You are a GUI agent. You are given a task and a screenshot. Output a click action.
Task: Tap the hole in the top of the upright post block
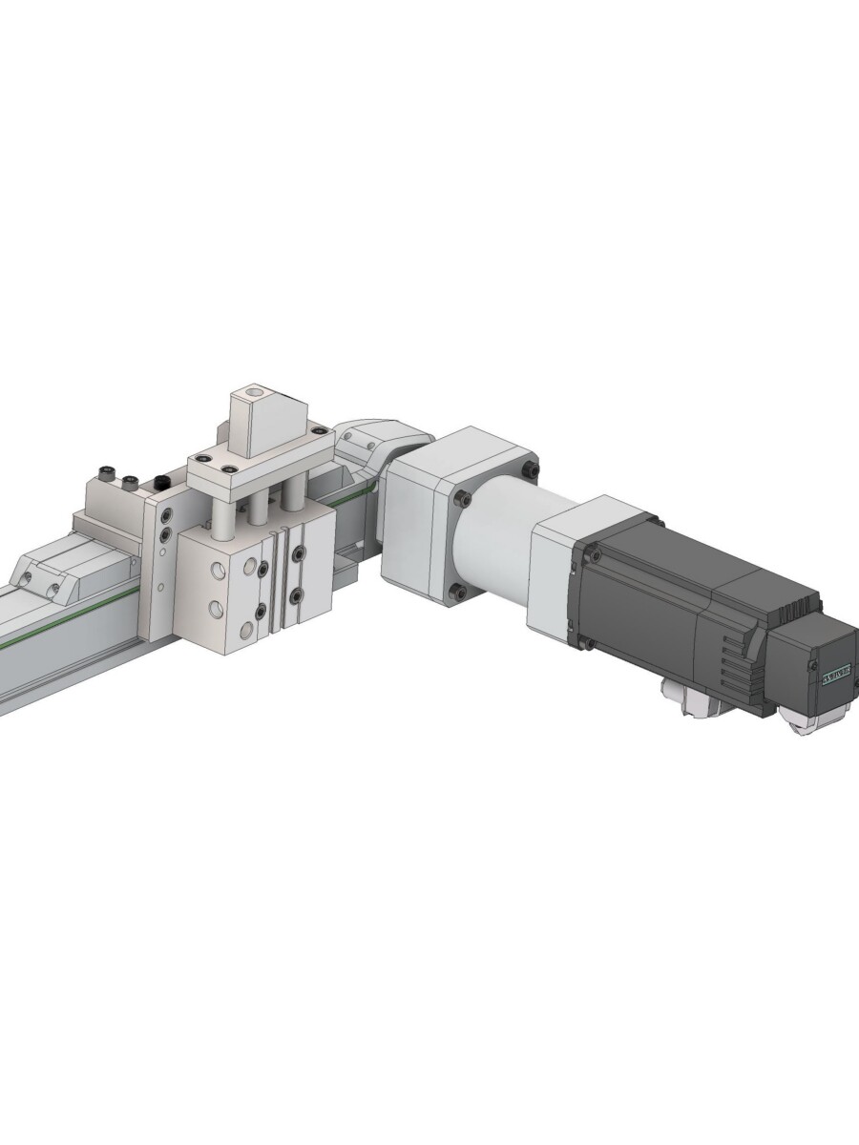click(x=253, y=392)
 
